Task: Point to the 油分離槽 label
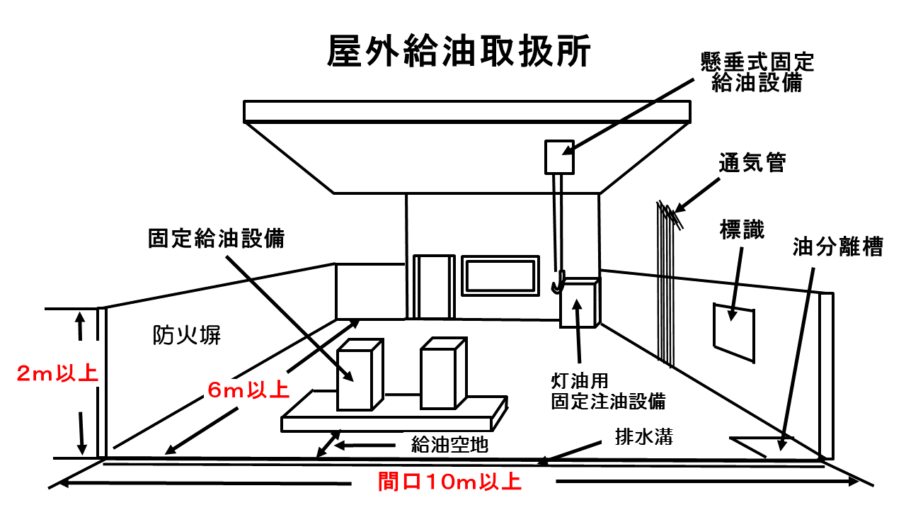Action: pos(837,246)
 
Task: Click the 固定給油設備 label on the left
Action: pos(216,238)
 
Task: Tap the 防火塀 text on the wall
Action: pos(187,334)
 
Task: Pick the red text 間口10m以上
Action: pos(449,483)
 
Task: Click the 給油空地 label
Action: pos(449,445)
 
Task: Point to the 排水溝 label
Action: pos(643,436)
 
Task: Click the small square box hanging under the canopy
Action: pos(559,157)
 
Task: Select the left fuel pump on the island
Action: pos(360,375)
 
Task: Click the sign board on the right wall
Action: pos(734,330)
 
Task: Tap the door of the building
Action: pos(433,287)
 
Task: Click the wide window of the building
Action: pos(500,276)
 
